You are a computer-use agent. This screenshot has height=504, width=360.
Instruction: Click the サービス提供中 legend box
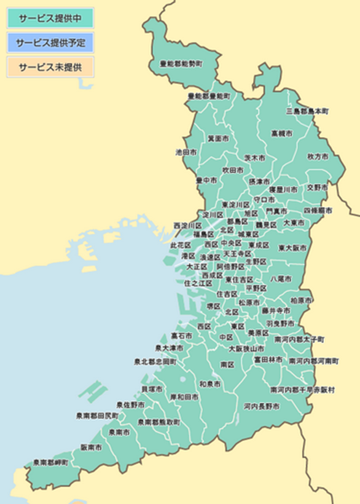[x=50, y=18]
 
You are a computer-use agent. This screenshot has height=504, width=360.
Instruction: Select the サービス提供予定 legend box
[x=50, y=42]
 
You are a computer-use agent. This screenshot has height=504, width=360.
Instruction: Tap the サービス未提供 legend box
[x=50, y=67]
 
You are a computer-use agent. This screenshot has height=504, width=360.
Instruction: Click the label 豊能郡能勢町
[x=181, y=63]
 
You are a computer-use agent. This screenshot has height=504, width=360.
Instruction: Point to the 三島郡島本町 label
[x=307, y=111]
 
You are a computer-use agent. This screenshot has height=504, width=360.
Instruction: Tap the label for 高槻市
[x=281, y=133]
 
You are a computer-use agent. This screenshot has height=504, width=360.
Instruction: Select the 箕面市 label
[x=218, y=138]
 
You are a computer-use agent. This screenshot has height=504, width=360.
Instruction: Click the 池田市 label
[x=186, y=151]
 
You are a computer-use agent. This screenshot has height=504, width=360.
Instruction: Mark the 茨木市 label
[x=255, y=158]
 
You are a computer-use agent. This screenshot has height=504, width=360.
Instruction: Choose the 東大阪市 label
[x=292, y=248]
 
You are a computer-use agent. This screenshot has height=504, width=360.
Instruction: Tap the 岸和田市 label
[x=184, y=397]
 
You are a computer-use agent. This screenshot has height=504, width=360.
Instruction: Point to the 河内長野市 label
[x=261, y=406]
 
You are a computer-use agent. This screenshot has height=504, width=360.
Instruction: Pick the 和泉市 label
[x=209, y=384]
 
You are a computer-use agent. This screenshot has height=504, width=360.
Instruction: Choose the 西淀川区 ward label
[x=187, y=226]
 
